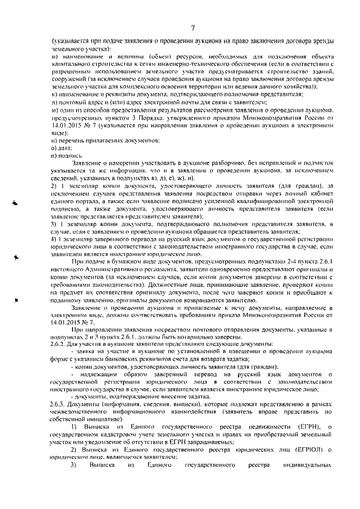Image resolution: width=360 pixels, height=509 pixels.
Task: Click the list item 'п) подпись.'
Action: [63, 155]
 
